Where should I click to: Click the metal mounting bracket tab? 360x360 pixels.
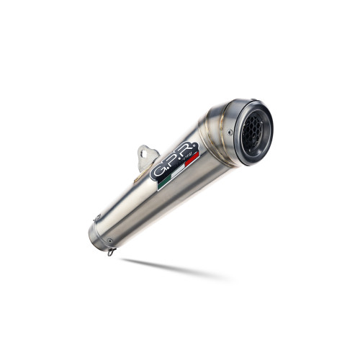(147, 156)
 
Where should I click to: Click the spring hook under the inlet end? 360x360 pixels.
(110, 251)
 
